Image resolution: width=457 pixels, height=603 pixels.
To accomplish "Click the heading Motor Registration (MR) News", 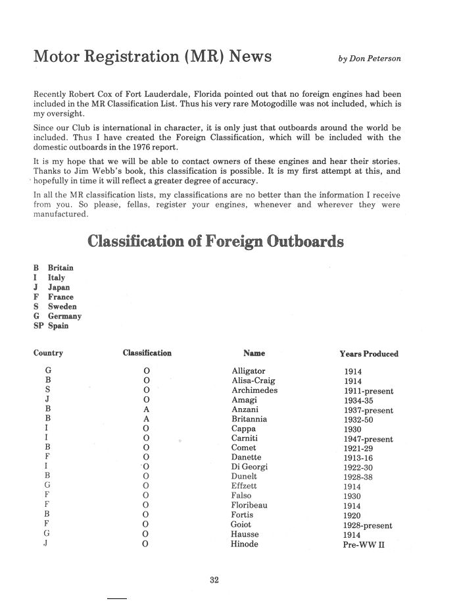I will pyautogui.click(x=153, y=57).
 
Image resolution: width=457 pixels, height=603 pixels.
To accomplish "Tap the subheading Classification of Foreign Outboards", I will pyautogui.click(x=215, y=242).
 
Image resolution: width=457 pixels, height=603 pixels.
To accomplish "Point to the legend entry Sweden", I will pyautogui.click(x=62, y=307).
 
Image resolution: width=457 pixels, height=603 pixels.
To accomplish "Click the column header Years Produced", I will pyautogui.click(x=369, y=354).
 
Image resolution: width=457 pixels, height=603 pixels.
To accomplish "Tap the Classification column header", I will pyautogui.click(x=147, y=354).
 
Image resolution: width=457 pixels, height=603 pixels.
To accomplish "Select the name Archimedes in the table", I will pyautogui.click(x=254, y=390).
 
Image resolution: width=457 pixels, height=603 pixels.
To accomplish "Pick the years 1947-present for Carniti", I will pyautogui.click(x=368, y=439).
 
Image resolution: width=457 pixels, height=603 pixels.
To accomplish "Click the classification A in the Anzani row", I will pyautogui.click(x=146, y=409).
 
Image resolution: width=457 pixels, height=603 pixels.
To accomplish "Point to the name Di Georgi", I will pyautogui.click(x=249, y=467).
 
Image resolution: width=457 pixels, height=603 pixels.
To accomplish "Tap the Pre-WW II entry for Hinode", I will pyautogui.click(x=364, y=545).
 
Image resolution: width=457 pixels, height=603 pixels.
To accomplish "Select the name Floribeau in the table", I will pyautogui.click(x=249, y=505).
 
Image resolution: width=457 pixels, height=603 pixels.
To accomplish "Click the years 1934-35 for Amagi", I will pyautogui.click(x=358, y=400).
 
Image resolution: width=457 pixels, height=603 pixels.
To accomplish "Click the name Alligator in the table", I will pyautogui.click(x=249, y=371).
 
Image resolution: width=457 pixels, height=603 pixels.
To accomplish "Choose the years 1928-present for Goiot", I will pyautogui.click(x=368, y=525).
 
